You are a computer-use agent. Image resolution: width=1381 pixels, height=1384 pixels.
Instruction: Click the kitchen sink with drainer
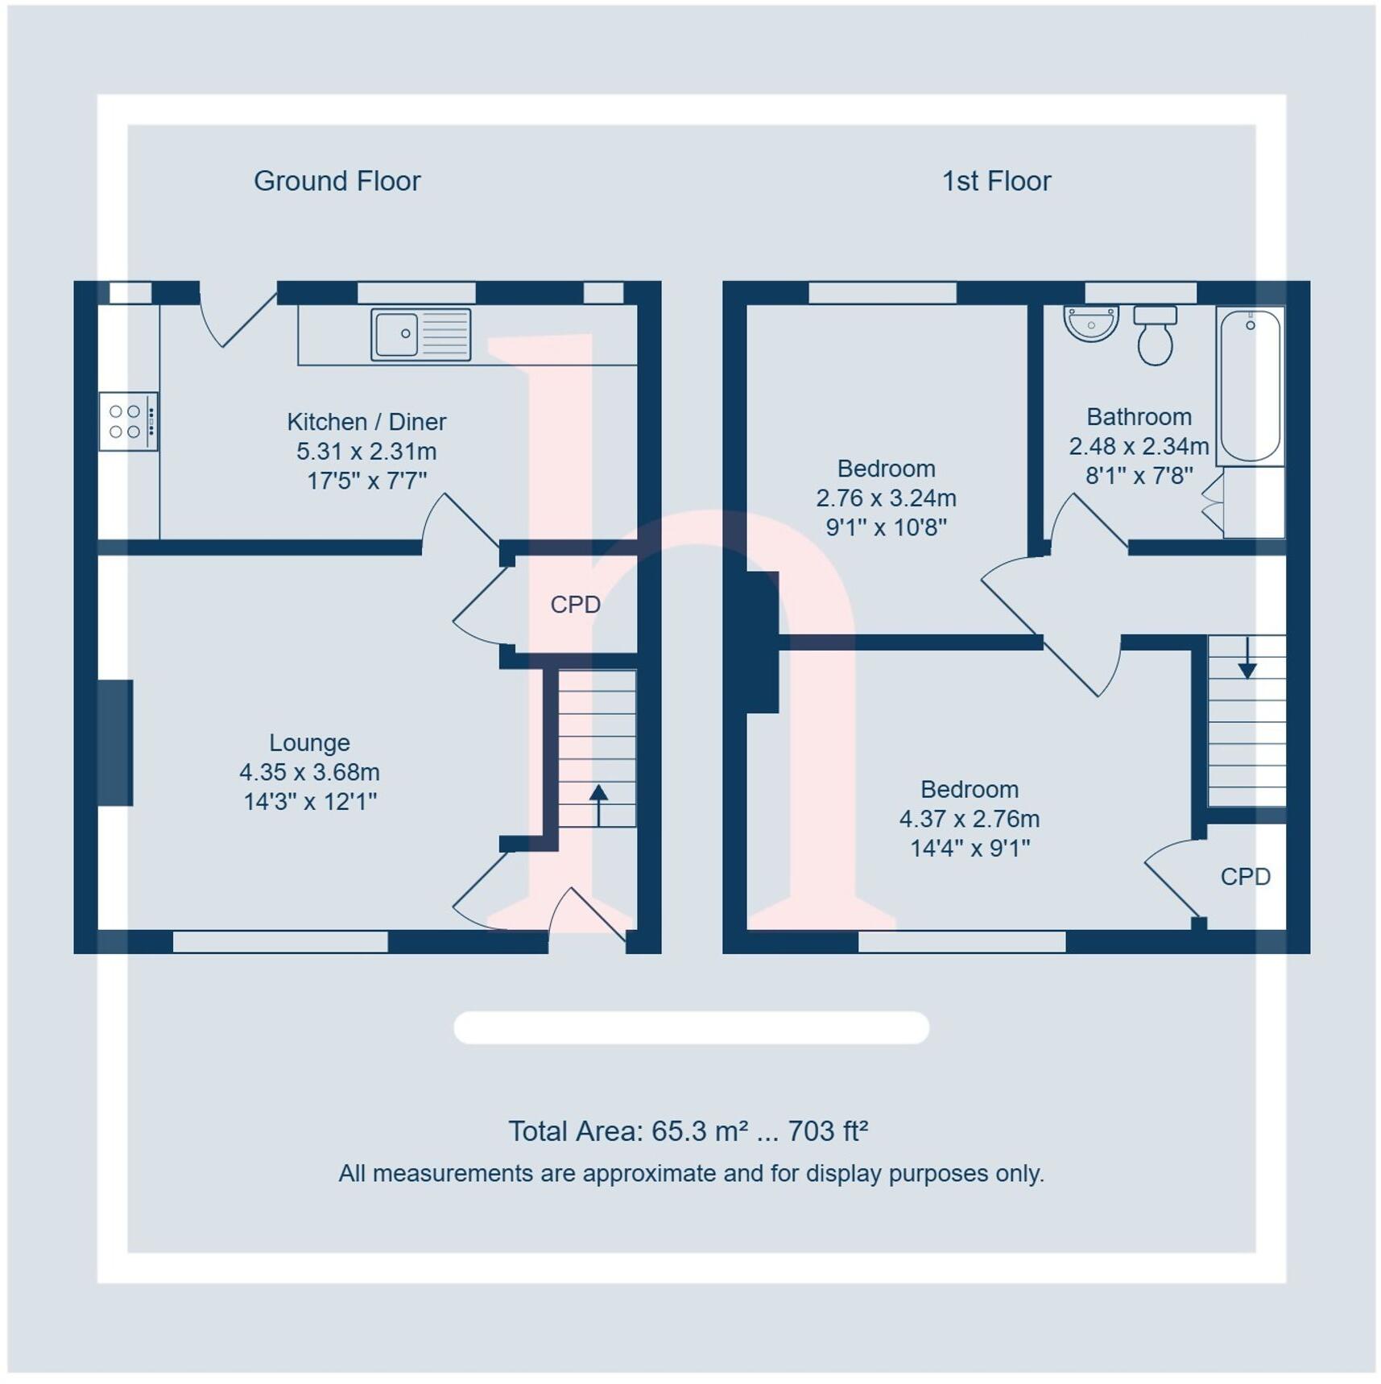[x=420, y=333]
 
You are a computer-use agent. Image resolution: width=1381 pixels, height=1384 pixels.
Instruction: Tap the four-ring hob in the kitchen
[x=128, y=421]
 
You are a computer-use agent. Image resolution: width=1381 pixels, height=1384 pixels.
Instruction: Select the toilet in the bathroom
[x=1155, y=336]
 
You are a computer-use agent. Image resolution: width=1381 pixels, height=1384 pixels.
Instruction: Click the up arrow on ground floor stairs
[x=598, y=804]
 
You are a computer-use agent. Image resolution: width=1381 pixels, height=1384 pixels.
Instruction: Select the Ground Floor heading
[x=337, y=181]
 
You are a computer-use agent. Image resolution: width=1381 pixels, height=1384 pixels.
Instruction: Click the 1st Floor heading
[x=996, y=181]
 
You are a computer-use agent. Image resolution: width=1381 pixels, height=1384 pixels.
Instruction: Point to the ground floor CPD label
[x=575, y=605]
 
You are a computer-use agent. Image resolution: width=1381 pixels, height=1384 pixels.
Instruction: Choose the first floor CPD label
[x=1245, y=877]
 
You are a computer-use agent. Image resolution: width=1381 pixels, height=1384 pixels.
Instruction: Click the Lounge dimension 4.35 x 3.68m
[x=309, y=772]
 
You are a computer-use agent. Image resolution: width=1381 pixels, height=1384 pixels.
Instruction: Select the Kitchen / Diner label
[x=366, y=422]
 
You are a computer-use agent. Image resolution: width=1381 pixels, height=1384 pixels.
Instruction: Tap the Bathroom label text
[x=1139, y=417]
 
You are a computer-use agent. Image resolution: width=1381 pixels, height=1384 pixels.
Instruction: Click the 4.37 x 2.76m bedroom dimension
[x=969, y=819]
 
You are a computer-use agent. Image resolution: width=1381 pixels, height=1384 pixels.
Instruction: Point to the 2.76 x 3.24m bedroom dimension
[x=886, y=498]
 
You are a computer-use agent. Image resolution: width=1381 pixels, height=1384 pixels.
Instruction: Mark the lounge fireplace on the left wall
[x=115, y=742]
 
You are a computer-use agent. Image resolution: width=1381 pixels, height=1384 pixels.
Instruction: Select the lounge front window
[x=280, y=941]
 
